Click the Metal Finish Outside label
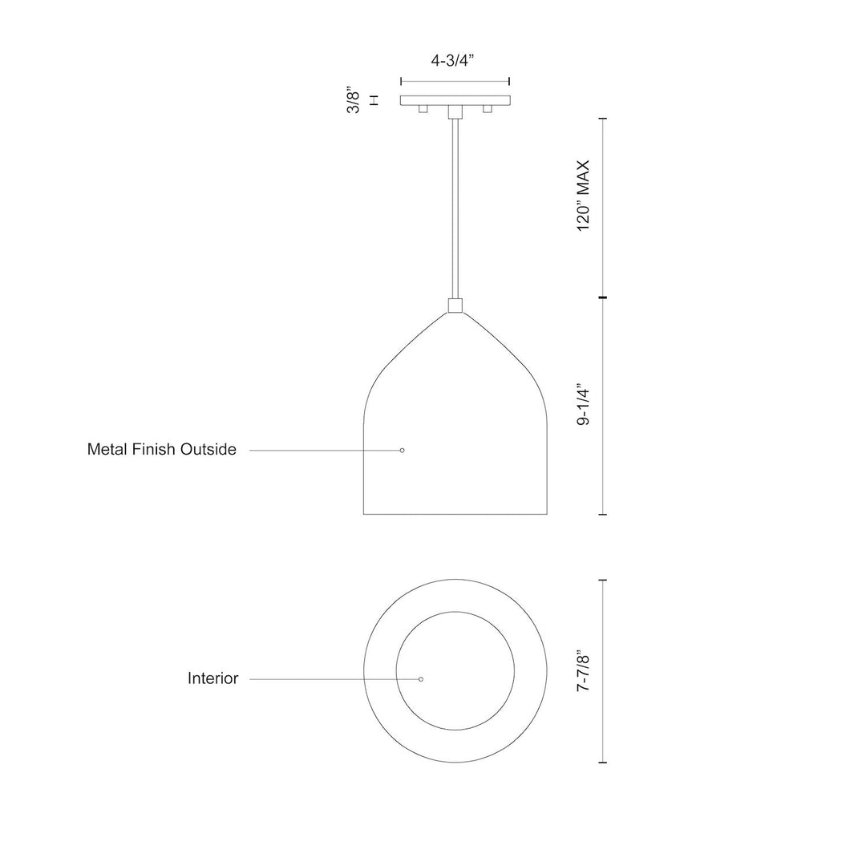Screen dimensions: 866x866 161,450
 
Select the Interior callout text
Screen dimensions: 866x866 212,679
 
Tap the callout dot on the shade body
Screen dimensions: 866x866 403,451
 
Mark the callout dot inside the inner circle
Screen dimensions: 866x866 421,679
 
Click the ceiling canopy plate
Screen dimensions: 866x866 455,101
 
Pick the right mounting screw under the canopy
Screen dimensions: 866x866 487,111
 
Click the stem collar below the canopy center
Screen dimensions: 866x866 455,112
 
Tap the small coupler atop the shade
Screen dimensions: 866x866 455,306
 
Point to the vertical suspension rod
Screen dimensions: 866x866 455,208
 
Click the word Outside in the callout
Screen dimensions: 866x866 210,450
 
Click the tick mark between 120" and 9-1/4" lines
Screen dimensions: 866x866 603,298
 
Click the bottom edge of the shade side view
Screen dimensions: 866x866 455,514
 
